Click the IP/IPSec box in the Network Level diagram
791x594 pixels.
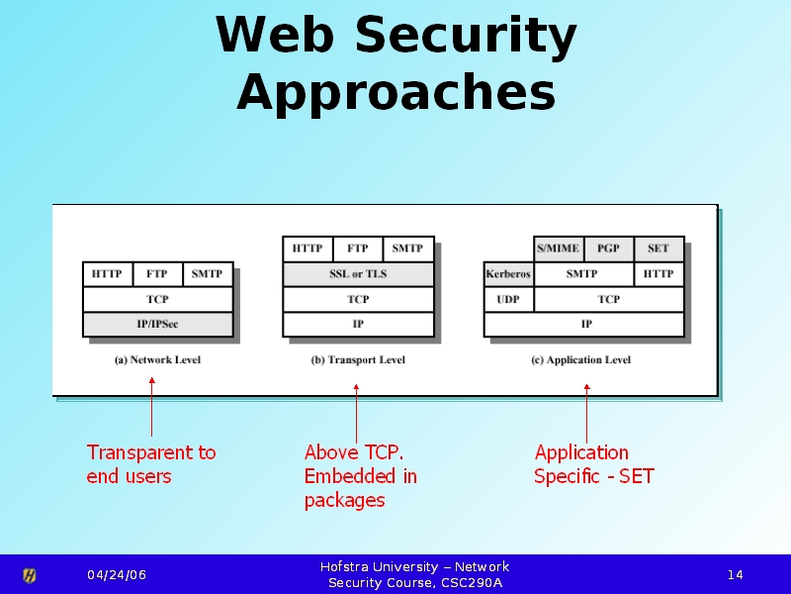[157, 324]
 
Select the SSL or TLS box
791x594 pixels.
[358, 274]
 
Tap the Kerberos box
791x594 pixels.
[508, 274]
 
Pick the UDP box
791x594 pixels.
[508, 299]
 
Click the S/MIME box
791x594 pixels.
[559, 248]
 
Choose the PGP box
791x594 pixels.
[608, 248]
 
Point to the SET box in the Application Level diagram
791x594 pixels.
[659, 248]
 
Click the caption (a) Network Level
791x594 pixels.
[157, 360]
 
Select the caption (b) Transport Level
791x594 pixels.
[358, 360]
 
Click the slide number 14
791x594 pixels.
[736, 575]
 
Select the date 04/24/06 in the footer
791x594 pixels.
[116, 575]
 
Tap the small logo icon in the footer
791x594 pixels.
[30, 575]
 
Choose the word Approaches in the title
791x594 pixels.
[395, 93]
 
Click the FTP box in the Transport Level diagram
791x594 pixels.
[358, 248]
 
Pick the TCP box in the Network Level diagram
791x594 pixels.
[157, 299]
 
